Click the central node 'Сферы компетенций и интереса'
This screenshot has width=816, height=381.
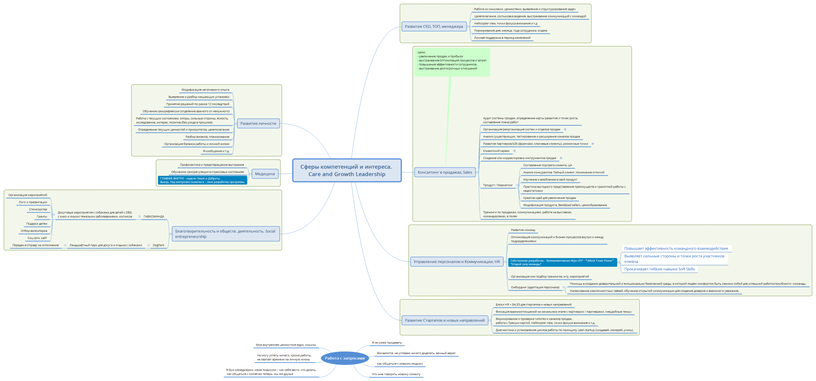[x=346, y=171]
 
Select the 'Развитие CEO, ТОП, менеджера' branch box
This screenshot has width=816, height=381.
[x=434, y=26]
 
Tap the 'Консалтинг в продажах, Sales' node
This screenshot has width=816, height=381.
[x=445, y=172]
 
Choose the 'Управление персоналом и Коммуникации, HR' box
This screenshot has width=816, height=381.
[x=457, y=261]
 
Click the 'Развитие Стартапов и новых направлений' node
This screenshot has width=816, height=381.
[x=445, y=320]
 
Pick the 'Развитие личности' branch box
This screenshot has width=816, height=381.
[x=258, y=124]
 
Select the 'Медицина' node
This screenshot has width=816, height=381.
[x=264, y=174]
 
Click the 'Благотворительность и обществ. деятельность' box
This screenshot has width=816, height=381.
[x=225, y=234]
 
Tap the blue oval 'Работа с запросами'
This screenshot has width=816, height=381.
[x=345, y=358]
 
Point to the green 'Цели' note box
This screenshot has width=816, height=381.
[x=452, y=62]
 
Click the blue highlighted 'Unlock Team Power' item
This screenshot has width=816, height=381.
[x=562, y=262]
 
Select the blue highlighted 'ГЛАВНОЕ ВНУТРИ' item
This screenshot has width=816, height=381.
[x=202, y=180]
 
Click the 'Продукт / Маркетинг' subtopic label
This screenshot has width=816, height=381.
[x=497, y=185]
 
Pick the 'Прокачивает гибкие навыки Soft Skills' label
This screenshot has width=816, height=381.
[x=659, y=269]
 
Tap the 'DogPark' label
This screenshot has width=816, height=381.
[x=158, y=245]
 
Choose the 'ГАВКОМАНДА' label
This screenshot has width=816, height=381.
[x=154, y=217]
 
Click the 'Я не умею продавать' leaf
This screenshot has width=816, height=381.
[x=387, y=343]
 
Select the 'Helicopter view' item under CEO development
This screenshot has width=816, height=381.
[x=505, y=24]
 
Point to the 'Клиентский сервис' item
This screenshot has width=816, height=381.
[x=496, y=151]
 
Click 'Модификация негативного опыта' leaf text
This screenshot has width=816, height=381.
[x=205, y=90]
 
